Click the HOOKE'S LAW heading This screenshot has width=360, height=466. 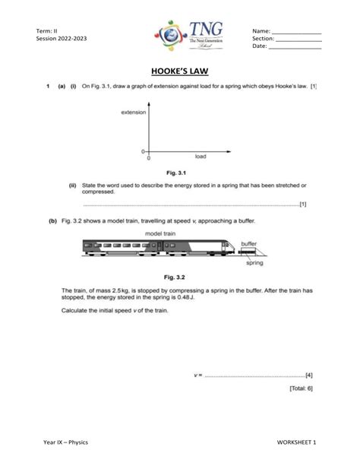(181, 75)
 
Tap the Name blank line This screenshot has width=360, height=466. (296, 31)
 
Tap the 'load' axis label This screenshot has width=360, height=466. (201, 157)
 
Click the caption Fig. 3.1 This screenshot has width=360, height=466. (181, 173)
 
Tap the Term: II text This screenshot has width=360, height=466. (47, 30)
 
